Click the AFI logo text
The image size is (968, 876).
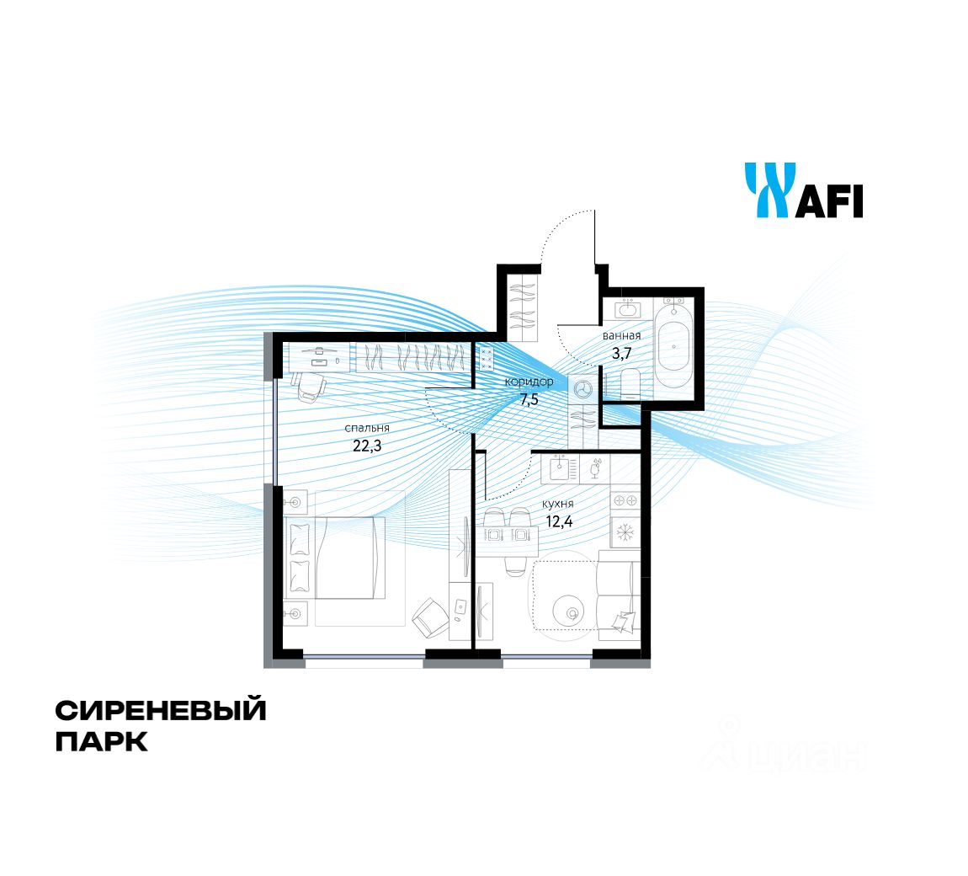[829, 202]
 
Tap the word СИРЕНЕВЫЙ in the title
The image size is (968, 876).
[161, 711]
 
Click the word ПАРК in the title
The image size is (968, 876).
[101, 743]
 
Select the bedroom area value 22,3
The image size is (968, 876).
[367, 446]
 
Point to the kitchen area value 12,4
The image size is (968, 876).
[560, 521]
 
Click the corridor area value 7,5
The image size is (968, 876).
[529, 399]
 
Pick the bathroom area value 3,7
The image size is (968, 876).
[621, 354]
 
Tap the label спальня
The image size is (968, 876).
[367, 429]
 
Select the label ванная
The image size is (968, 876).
[621, 336]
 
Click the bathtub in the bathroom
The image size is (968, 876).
[675, 344]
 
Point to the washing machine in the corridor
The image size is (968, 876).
[582, 389]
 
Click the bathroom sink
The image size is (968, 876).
[628, 308]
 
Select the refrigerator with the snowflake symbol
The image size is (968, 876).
[625, 532]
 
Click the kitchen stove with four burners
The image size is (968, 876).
[625, 500]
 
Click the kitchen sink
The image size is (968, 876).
[559, 469]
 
